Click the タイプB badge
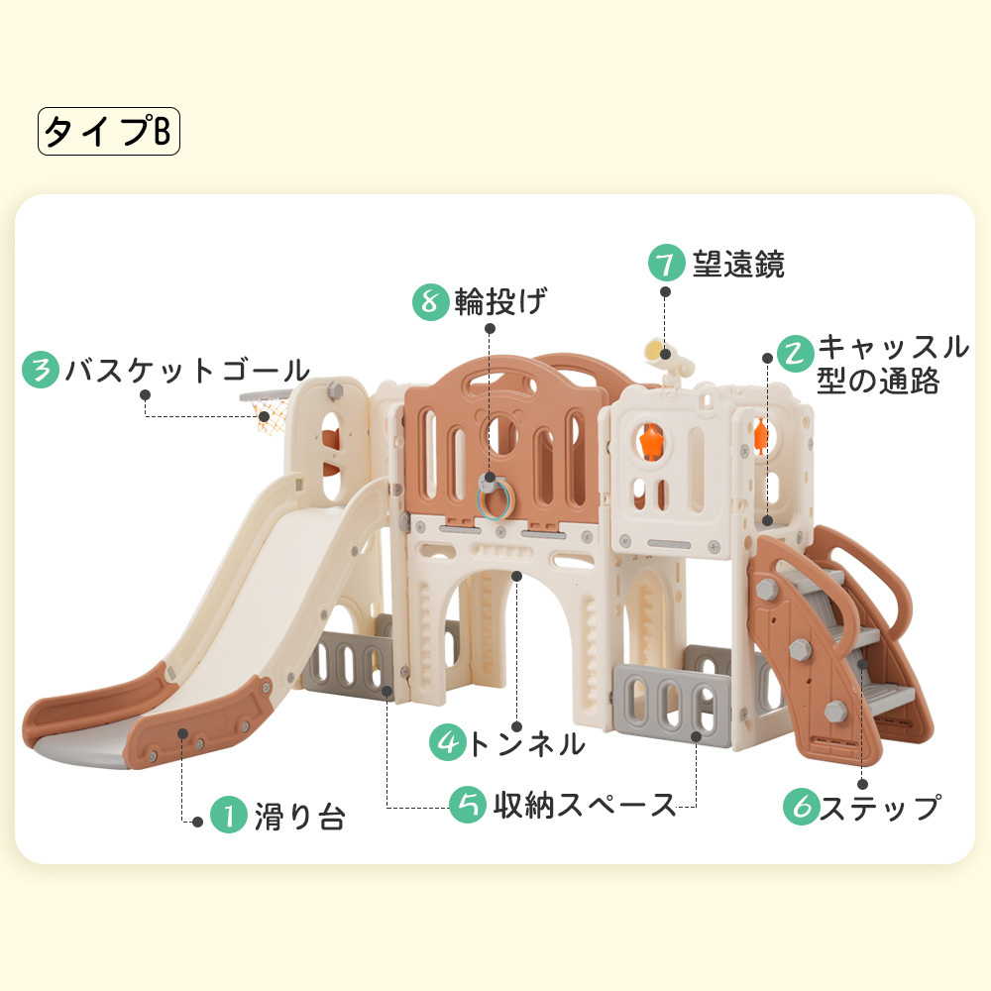tap(109, 132)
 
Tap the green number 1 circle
tap(228, 817)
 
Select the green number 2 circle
tap(795, 353)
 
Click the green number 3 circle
tap(41, 371)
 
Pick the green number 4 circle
tap(448, 742)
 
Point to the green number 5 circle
tap(467, 805)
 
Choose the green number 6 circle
tap(802, 808)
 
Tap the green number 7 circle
tap(667, 264)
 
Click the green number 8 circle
tap(430, 301)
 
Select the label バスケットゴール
tap(187, 372)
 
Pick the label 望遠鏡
tap(738, 265)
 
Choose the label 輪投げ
tap(500, 301)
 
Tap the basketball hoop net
tap(266, 422)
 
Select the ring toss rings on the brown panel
tap(496, 496)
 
